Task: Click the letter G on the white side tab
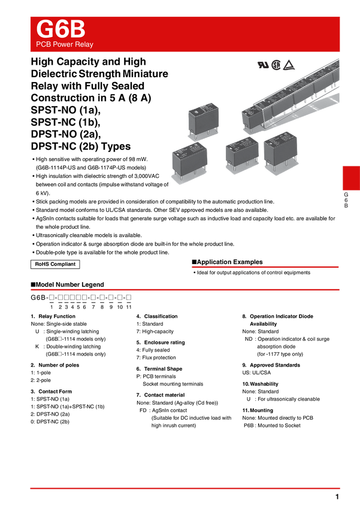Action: point(346,195)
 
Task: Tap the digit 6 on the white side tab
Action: point(346,201)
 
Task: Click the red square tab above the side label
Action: point(350,178)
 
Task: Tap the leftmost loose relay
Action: point(189,159)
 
